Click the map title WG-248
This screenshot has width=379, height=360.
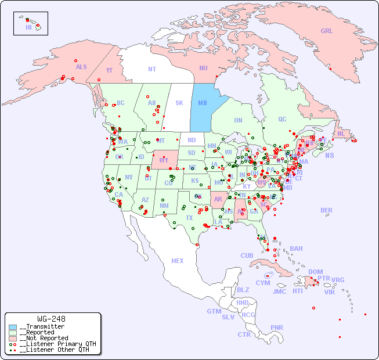click(x=51, y=319)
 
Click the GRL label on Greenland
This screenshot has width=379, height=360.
click(x=327, y=31)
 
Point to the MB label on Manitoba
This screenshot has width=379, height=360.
click(x=203, y=103)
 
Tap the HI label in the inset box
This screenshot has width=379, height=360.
click(x=28, y=27)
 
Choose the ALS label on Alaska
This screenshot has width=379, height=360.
click(x=81, y=67)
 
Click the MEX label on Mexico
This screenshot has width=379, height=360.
click(x=178, y=261)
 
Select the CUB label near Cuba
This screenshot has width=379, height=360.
click(x=247, y=255)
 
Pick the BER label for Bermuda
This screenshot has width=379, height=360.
click(x=327, y=210)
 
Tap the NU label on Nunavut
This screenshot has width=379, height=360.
click(x=203, y=68)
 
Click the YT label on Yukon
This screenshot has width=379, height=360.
click(x=109, y=70)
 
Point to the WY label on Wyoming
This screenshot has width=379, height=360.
click(x=164, y=160)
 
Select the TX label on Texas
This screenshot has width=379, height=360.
click(x=189, y=218)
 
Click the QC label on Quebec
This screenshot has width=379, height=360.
click(x=282, y=119)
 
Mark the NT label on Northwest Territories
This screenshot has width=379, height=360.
click(x=152, y=69)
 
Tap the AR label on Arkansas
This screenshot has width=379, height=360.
click(x=218, y=199)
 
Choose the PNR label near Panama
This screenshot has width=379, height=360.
click(x=277, y=327)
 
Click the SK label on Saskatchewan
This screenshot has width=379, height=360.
click(x=179, y=103)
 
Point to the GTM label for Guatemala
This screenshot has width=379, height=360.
click(x=214, y=311)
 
